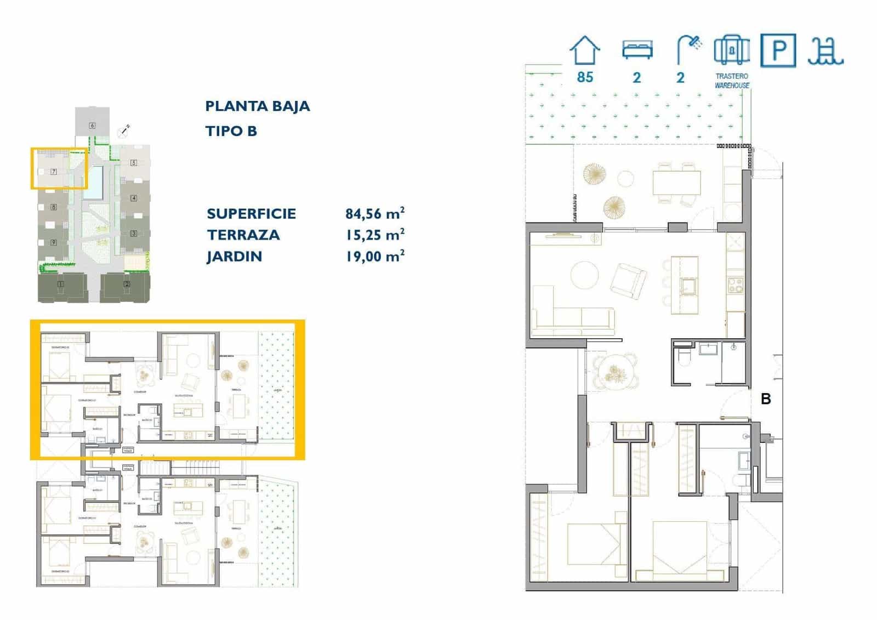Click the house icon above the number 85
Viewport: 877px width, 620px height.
(585, 50)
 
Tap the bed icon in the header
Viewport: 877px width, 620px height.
(637, 50)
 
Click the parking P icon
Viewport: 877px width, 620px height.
(778, 50)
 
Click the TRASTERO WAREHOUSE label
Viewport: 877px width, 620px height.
(732, 81)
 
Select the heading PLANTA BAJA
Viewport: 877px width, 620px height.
(257, 106)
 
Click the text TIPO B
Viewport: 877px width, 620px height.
(231, 131)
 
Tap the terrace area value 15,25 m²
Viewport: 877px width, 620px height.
(375, 235)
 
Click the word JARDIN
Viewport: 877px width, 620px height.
(234, 257)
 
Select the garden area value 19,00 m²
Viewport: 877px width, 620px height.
(375, 256)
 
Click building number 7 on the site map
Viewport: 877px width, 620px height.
(54, 172)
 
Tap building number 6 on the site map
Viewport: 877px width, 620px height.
(92, 126)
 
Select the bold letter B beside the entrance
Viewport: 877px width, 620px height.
(766, 399)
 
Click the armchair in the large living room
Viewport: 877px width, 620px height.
(628, 281)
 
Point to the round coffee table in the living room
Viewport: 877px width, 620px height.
(585, 275)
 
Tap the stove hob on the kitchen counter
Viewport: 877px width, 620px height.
(735, 285)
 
